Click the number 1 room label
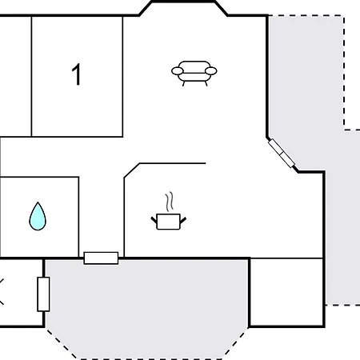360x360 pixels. pyautogui.click(x=77, y=74)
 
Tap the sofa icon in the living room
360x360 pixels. pyautogui.click(x=194, y=73)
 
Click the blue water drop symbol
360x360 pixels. pyautogui.click(x=38, y=217)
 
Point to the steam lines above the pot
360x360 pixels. pyautogui.click(x=169, y=202)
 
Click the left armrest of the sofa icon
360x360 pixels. pyautogui.click(x=178, y=71)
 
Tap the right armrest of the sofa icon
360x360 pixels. pyautogui.click(x=211, y=71)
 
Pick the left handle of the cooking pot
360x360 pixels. pyautogui.click(x=154, y=221)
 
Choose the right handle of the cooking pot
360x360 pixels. pyautogui.click(x=183, y=220)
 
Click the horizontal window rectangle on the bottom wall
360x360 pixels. pyautogui.click(x=101, y=258)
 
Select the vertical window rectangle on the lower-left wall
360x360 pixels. pyautogui.click(x=43, y=294)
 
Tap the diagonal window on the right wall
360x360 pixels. pyautogui.click(x=282, y=154)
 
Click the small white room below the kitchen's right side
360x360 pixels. pyautogui.click(x=286, y=292)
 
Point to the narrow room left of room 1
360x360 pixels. pyautogui.click(x=16, y=77)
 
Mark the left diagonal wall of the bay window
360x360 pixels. pyautogui.click(x=146, y=9)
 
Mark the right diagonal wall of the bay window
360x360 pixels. pyautogui.click(x=221, y=9)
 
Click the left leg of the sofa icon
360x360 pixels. pyautogui.click(x=183, y=83)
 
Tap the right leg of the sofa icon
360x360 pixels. pyautogui.click(x=206, y=83)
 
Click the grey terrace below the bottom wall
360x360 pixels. pyautogui.click(x=146, y=306)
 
